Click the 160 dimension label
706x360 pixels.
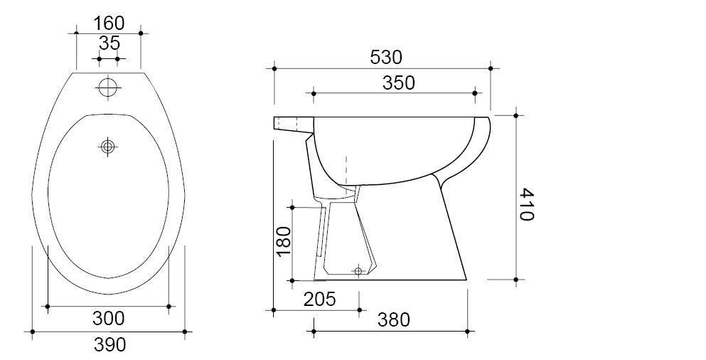tap(109, 23)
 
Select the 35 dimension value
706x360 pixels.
tap(109, 43)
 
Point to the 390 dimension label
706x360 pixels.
tap(109, 344)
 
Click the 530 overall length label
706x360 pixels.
tap(386, 57)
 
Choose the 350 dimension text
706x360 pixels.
tap(398, 83)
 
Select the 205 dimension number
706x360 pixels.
tap(320, 300)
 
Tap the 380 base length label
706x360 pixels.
tap(393, 320)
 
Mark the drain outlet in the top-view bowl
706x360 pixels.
tap(108, 146)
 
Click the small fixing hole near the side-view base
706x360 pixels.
tap(358, 271)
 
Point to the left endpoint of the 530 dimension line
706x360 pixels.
tap(274, 68)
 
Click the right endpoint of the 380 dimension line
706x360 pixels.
tap(467, 331)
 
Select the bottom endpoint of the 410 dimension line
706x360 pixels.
tap(516, 280)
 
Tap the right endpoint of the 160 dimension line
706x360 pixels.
tap(141, 33)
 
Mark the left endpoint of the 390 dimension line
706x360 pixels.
tap(33, 332)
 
